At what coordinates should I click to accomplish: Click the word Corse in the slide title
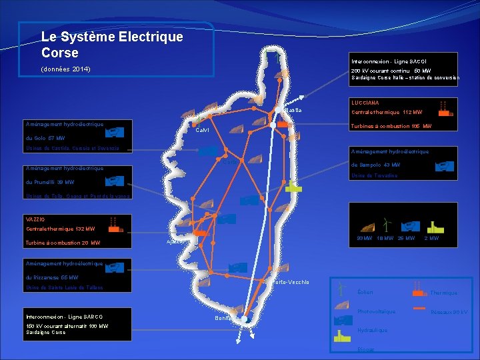[60, 53]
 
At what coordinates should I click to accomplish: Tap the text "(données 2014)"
[66, 69]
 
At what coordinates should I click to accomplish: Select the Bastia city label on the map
[293, 111]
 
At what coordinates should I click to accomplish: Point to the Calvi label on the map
[202, 130]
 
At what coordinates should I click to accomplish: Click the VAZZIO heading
[35, 219]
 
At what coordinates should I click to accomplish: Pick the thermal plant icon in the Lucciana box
[443, 109]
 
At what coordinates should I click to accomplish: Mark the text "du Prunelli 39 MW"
[49, 182]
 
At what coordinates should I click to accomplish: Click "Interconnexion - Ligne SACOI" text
[384, 61]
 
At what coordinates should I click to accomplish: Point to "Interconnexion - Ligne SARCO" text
[65, 316]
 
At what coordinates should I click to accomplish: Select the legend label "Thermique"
[444, 293]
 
